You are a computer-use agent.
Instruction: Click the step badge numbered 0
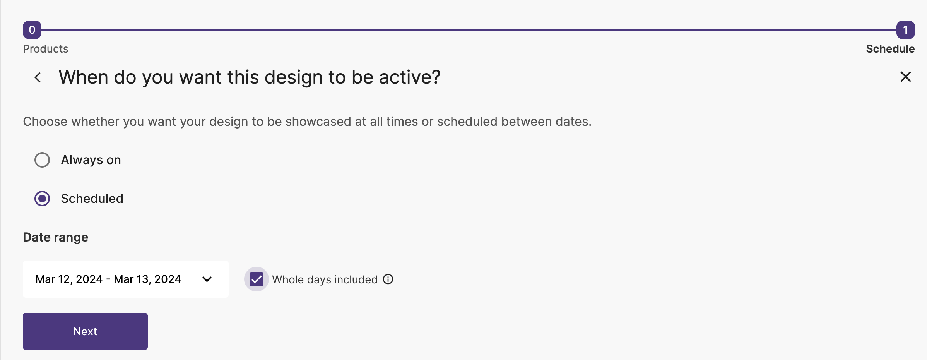[x=32, y=30]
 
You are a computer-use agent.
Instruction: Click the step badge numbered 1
[x=905, y=30]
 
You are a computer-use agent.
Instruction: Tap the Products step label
[x=46, y=49]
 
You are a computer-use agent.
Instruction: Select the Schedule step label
[x=890, y=49]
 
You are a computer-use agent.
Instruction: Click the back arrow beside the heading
[x=38, y=77]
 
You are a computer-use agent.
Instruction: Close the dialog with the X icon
[x=905, y=77]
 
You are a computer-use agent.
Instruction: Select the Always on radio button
[x=42, y=160]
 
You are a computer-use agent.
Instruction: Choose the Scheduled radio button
[x=42, y=199]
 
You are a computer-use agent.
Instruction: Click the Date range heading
[x=56, y=237]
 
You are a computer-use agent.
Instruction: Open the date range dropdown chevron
[x=207, y=279]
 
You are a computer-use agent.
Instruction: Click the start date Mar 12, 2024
[x=69, y=279]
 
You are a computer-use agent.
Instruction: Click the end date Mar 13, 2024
[x=147, y=279]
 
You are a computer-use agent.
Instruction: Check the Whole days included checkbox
[x=257, y=279]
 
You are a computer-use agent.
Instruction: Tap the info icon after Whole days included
[x=388, y=279]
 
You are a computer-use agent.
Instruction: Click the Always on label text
[x=91, y=160]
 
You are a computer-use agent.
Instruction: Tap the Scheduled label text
[x=92, y=199]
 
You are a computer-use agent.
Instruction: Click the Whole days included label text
[x=325, y=279]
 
